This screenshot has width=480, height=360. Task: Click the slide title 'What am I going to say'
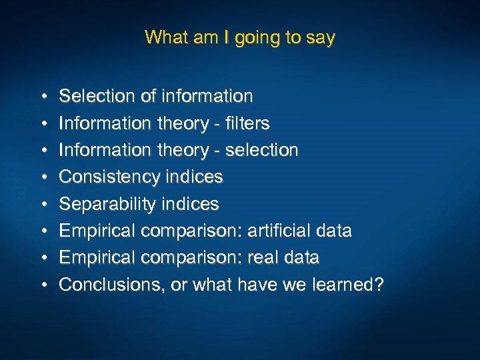coord(239,37)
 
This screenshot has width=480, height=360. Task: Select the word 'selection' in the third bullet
coord(261,150)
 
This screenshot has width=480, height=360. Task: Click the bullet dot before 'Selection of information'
coord(42,97)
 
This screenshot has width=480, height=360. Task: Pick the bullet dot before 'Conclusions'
coord(42,285)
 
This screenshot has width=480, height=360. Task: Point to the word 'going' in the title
coord(257,38)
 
